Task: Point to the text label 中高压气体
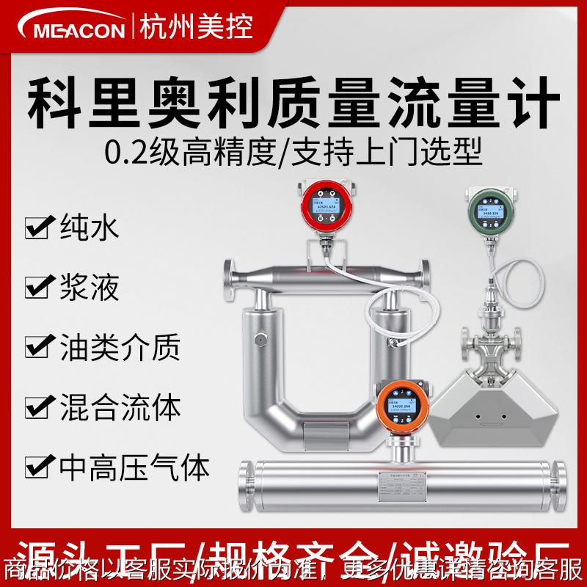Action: click(133, 465)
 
